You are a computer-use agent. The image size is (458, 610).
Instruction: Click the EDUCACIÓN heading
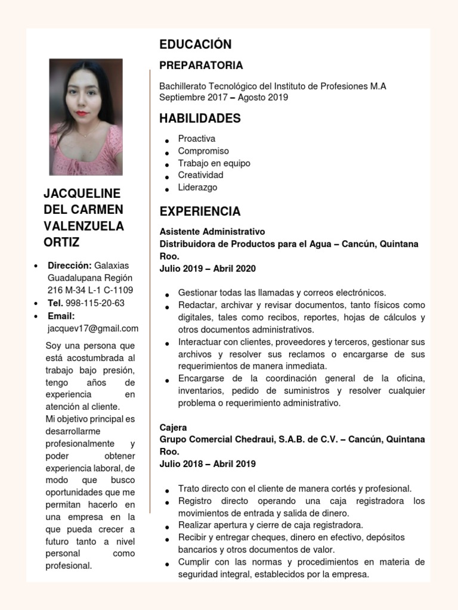point(195,45)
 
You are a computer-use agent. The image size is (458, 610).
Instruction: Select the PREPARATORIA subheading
point(201,66)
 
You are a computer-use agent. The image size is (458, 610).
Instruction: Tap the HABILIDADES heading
point(200,119)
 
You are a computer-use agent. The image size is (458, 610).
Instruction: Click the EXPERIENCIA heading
point(200,211)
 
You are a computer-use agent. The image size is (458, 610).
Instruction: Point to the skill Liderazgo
point(197,188)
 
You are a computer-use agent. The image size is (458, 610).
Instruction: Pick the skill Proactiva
point(196,139)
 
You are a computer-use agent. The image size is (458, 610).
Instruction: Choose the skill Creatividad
point(200,175)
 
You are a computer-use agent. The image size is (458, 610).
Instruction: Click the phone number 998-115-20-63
point(95,303)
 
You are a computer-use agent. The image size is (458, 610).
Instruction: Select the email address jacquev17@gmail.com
point(93,328)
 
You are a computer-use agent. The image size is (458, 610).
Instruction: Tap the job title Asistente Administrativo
point(212,231)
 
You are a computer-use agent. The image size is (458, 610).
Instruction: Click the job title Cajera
point(173,428)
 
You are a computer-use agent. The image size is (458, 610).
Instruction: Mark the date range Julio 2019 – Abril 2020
point(208,269)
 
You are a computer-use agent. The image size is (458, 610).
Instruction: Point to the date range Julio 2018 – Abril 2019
point(208,464)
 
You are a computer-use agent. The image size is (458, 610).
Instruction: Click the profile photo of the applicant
point(86,117)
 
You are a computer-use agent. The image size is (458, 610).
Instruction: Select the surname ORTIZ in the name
point(61,242)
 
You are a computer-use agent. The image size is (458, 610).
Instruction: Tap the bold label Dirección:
point(70,266)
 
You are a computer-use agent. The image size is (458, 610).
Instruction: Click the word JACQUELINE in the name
point(82,194)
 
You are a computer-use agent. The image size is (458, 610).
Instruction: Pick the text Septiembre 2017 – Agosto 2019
point(223,98)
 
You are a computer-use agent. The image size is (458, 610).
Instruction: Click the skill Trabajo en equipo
point(213,163)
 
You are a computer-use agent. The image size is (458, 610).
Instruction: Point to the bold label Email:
point(61,316)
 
